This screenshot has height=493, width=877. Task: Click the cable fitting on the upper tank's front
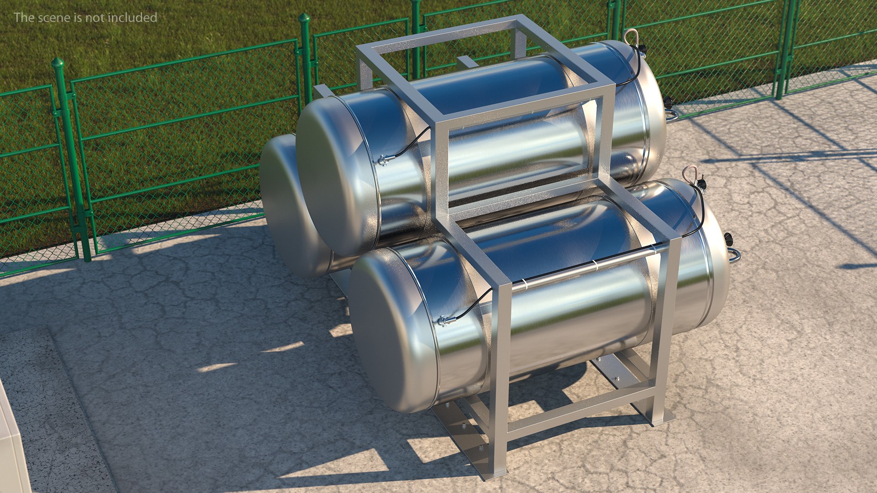(x=384, y=159)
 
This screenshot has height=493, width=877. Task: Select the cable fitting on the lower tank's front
(x=443, y=320)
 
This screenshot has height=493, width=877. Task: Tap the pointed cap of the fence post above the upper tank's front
(x=304, y=19)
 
